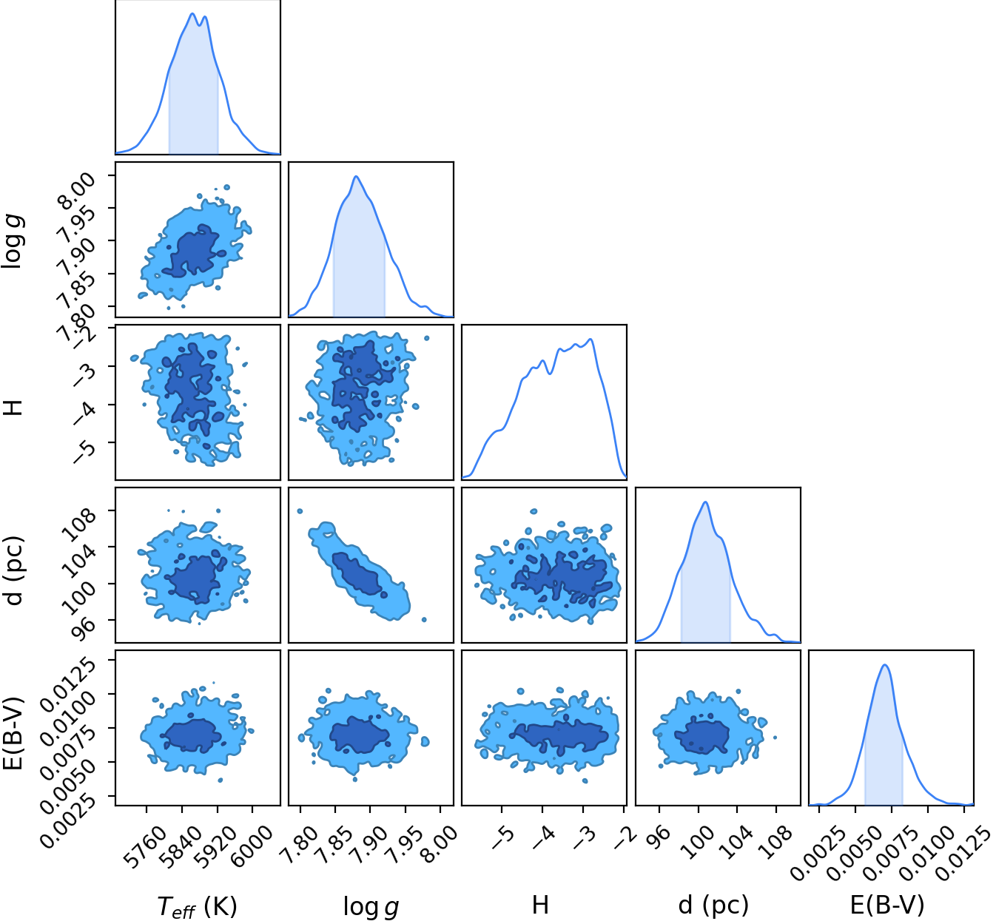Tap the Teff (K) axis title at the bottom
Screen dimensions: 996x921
[197, 893]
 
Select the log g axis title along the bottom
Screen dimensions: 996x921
[371, 893]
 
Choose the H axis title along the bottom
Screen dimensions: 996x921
[540, 892]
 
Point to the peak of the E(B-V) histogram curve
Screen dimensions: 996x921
[885, 665]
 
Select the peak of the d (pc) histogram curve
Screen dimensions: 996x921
[706, 502]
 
